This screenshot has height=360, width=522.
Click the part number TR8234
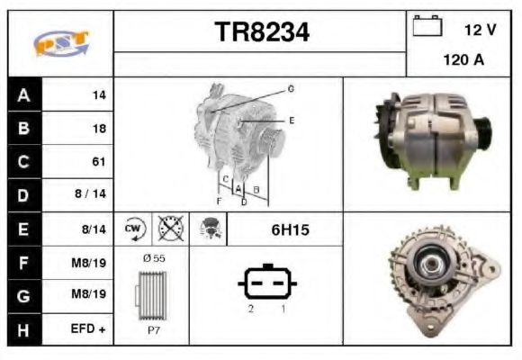coord(261,33)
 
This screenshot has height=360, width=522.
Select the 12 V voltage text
coord(480,30)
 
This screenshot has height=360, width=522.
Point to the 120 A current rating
coord(464,61)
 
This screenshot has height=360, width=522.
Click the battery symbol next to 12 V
coord(426,28)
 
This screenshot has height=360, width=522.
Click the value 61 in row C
coord(99,162)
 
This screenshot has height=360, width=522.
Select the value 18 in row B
coord(99,129)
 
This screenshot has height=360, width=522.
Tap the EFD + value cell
coord(89,330)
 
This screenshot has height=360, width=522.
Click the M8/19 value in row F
coord(90,263)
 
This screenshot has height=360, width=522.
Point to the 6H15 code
coord(290,229)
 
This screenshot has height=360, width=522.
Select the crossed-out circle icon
coord(169,229)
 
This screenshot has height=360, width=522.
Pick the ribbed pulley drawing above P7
coord(151,294)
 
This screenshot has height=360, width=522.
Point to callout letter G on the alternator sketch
coord(291,88)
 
